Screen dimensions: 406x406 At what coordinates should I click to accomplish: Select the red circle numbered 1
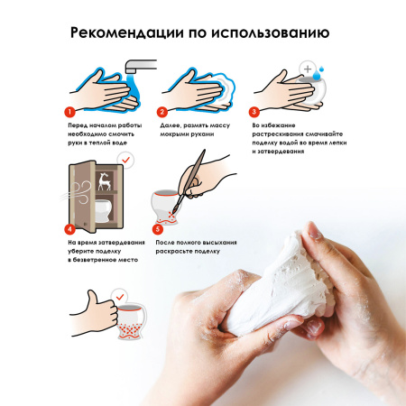point(69,113)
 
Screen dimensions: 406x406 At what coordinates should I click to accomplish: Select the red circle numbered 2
point(162,113)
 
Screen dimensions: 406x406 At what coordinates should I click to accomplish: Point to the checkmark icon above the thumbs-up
point(118,297)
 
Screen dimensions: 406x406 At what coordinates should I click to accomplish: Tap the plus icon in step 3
point(309,69)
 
